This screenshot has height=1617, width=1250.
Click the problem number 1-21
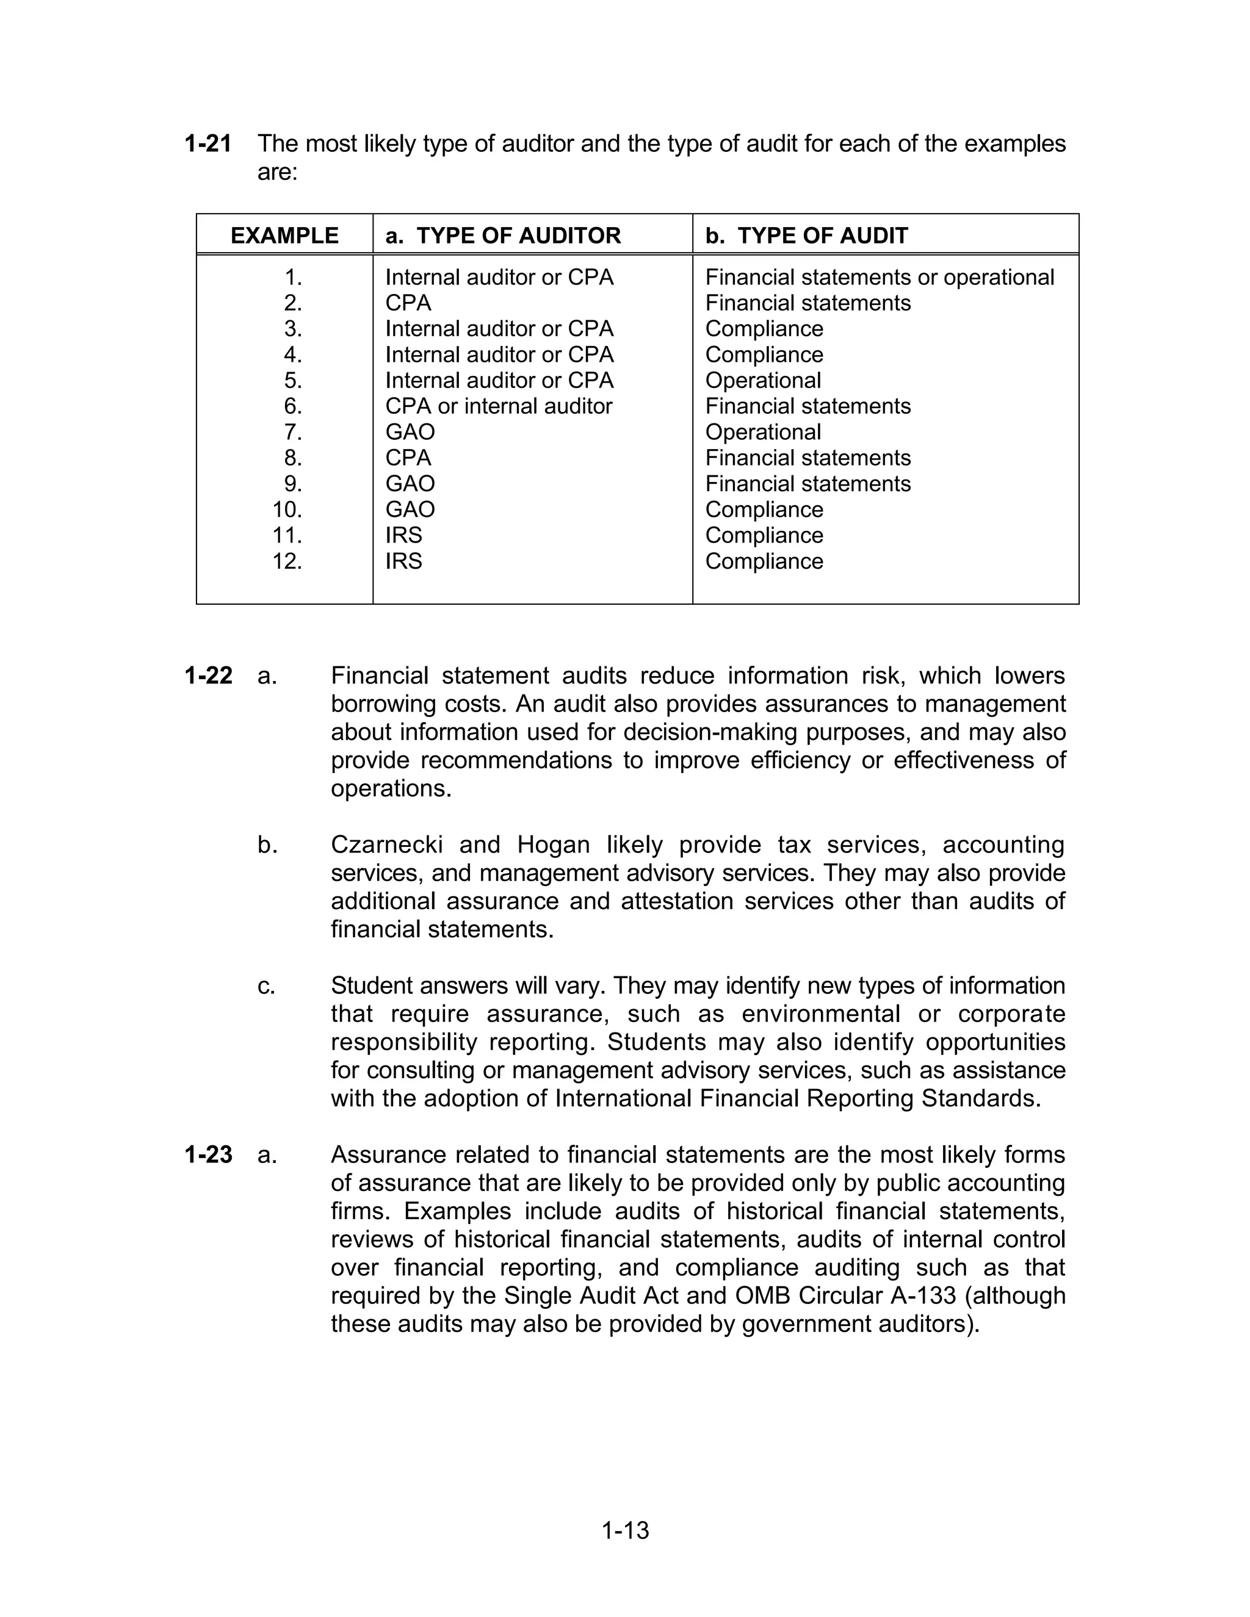click(x=208, y=143)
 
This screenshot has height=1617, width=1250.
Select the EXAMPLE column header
click(x=284, y=236)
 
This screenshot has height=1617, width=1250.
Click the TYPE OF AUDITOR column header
click(x=503, y=236)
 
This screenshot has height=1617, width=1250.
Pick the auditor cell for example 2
click(x=408, y=303)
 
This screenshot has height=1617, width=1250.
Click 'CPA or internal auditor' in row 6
click(x=499, y=406)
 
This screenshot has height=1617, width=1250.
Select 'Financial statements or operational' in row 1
click(x=879, y=277)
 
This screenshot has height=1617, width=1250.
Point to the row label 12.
click(x=287, y=561)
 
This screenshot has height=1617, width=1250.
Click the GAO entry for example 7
click(x=410, y=431)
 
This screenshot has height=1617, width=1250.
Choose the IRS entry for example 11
click(x=403, y=535)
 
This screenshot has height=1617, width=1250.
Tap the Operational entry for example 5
click(x=763, y=381)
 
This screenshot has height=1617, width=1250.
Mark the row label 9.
click(x=292, y=483)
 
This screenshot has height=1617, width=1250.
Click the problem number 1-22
click(x=208, y=675)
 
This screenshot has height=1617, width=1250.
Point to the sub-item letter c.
click(x=266, y=985)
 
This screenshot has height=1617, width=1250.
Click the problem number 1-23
click(x=208, y=1154)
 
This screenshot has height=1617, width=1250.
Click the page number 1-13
click(x=625, y=1530)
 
